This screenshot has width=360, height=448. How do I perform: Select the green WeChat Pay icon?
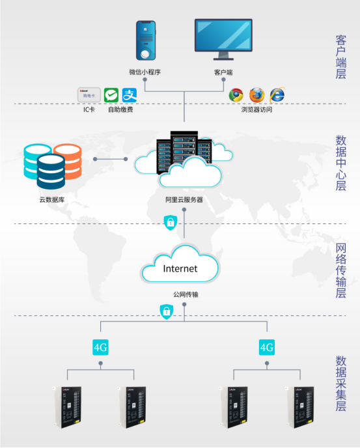[111, 95]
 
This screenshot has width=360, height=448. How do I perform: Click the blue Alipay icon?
[130, 95]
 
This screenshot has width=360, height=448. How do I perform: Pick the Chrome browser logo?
[236, 95]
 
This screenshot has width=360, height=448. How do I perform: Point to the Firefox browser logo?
[256, 95]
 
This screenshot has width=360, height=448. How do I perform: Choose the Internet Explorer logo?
[277, 95]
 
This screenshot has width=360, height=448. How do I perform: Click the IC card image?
[89, 95]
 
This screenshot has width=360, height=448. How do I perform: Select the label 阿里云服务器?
[184, 200]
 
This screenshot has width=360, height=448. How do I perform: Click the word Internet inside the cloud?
[180, 268]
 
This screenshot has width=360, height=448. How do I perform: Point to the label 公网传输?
[186, 295]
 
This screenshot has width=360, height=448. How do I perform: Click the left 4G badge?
[100, 347]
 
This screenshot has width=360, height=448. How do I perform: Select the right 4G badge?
[267, 347]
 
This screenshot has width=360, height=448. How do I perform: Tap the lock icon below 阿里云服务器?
[170, 223]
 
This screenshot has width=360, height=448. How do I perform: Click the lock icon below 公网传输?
[167, 312]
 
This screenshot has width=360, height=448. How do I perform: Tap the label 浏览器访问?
[256, 110]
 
